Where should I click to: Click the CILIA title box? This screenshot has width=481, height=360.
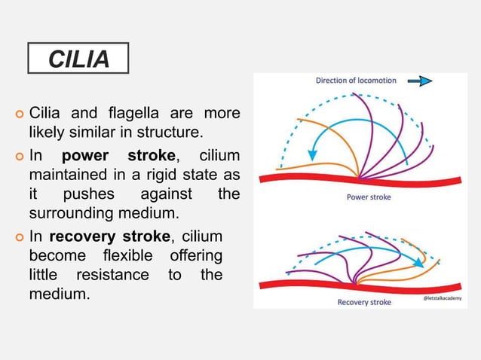coord(78,58)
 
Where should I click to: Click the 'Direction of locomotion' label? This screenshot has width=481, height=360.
coord(355,80)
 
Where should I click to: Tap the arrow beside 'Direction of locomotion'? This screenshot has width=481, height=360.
coord(421,80)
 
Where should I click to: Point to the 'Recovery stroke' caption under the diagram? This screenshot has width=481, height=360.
coord(363,302)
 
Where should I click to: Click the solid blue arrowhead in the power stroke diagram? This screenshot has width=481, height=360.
coord(313,155)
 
